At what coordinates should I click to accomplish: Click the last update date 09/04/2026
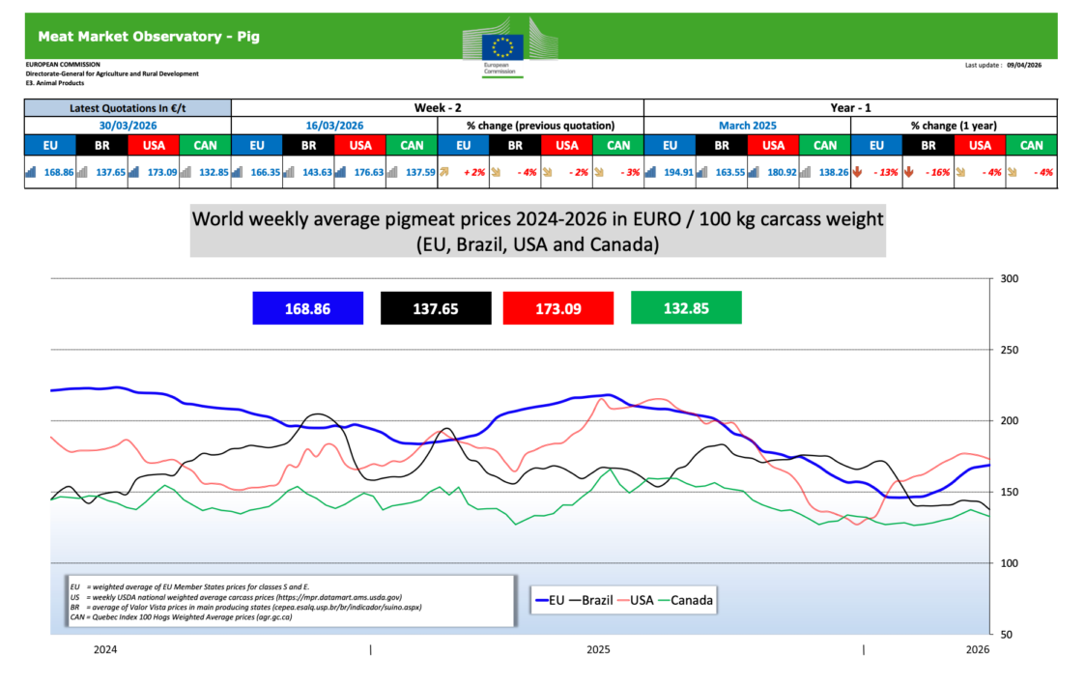point(1024,66)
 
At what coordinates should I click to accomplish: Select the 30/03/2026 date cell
point(128,125)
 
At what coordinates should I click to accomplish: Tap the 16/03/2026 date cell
point(334,125)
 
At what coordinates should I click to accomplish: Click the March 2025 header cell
point(747,125)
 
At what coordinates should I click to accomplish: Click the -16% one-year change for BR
point(934,172)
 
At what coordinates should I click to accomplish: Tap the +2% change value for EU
point(471,172)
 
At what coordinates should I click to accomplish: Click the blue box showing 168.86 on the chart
point(307,308)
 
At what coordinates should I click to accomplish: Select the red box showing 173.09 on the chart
point(558,308)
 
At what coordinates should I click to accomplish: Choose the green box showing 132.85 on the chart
point(686,308)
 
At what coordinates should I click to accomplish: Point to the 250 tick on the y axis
point(1010,350)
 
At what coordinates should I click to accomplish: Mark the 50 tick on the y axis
point(1007,634)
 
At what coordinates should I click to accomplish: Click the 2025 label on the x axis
point(598,650)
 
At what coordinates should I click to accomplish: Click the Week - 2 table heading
point(437,107)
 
